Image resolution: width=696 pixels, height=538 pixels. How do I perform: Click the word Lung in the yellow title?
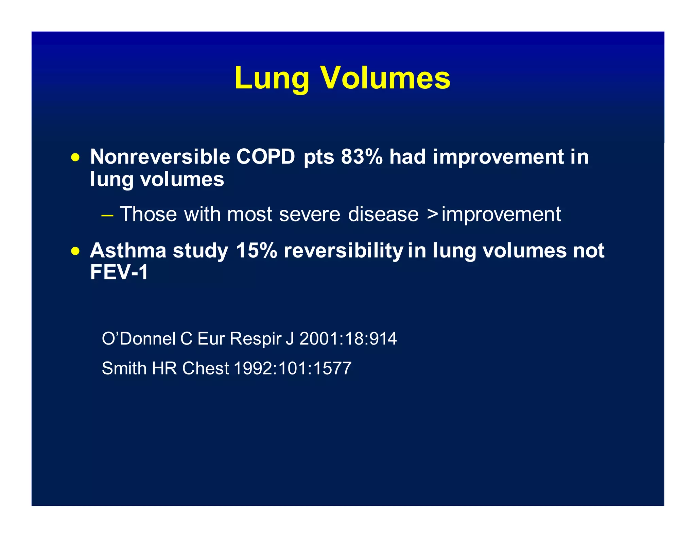click(x=271, y=79)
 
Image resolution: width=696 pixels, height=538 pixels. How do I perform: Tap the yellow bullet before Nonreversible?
click(x=75, y=158)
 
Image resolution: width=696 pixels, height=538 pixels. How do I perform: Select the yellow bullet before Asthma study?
click(x=75, y=251)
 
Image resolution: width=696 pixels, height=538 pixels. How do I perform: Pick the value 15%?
click(x=256, y=251)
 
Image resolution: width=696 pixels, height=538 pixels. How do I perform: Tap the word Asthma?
click(x=128, y=251)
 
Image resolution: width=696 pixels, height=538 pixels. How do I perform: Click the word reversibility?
click(x=343, y=251)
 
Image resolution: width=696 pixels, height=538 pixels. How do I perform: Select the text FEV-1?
click(x=119, y=272)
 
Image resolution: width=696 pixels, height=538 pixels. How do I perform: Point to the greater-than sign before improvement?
click(x=432, y=215)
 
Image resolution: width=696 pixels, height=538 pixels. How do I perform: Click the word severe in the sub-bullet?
click(x=309, y=215)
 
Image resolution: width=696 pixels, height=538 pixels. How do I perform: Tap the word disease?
click(x=383, y=215)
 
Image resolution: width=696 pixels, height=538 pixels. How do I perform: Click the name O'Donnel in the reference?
click(x=139, y=339)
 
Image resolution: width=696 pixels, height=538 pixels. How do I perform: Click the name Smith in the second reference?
click(x=124, y=368)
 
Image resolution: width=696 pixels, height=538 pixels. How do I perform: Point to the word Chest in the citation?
click(x=205, y=368)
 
